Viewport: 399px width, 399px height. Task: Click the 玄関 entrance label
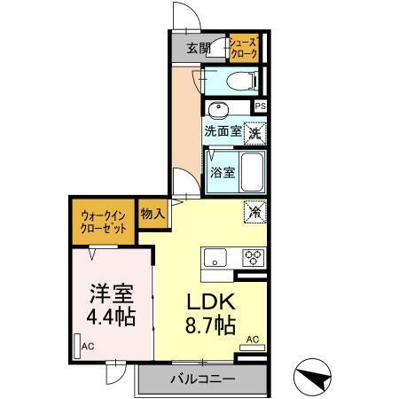pyautogui.click(x=199, y=49)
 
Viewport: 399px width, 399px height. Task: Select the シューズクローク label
pyautogui.click(x=243, y=48)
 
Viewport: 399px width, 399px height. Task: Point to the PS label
pyautogui.click(x=260, y=106)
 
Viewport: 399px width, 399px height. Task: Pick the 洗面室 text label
pyautogui.click(x=223, y=131)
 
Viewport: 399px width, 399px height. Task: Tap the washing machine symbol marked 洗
pyautogui.click(x=254, y=133)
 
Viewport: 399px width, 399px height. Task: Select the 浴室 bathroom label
pyautogui.click(x=223, y=172)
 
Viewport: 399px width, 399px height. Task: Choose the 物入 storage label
pyautogui.click(x=152, y=214)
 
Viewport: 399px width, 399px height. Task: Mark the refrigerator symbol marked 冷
pyautogui.click(x=254, y=212)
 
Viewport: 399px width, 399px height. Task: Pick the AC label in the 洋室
pyautogui.click(x=88, y=346)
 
